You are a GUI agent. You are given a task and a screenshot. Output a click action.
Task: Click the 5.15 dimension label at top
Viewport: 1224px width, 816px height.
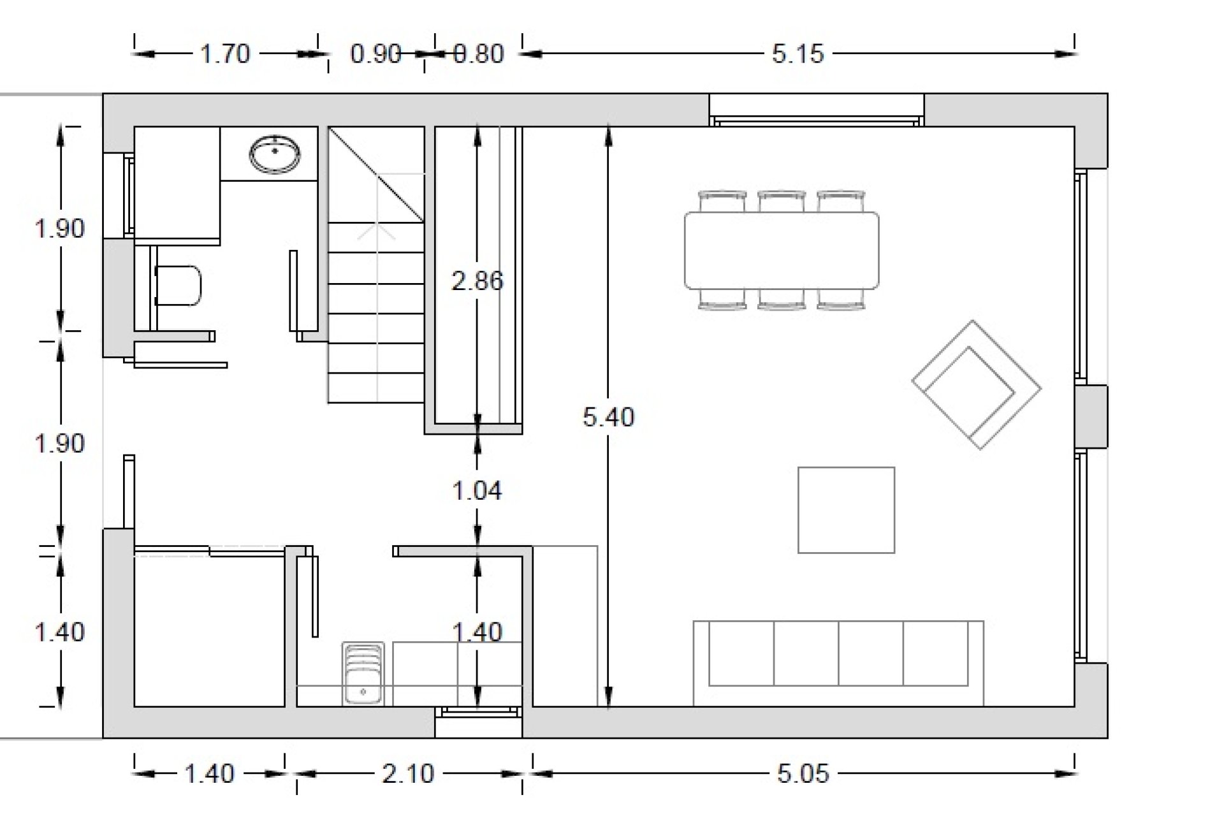[798, 54]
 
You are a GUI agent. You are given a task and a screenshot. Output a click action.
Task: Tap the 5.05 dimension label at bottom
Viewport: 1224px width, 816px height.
[803, 774]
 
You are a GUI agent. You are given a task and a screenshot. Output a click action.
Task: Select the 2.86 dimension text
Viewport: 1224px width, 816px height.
[477, 280]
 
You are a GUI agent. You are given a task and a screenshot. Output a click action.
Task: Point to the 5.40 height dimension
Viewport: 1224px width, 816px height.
[609, 417]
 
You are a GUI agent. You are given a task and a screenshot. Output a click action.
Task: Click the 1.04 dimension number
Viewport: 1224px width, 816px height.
[477, 491]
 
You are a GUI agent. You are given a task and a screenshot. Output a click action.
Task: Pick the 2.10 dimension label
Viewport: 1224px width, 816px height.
[408, 774]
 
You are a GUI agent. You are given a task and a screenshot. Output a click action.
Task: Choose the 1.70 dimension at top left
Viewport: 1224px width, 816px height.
[225, 54]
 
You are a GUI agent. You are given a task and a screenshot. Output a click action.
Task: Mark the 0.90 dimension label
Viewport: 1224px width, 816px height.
[375, 54]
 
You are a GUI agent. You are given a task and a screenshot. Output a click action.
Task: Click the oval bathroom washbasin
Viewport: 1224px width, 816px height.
[275, 154]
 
